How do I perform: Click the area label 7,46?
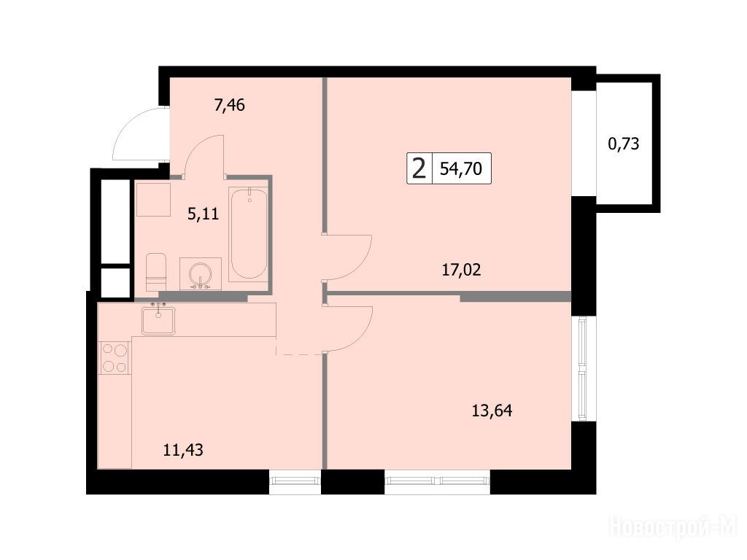[230, 105]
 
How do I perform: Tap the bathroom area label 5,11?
[203, 214]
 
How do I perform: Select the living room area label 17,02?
[461, 270]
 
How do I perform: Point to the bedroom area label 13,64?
[492, 410]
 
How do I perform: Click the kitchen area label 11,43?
[183, 449]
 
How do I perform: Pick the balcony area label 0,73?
[624, 144]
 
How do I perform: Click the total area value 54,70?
[461, 168]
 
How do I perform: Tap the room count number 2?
[419, 168]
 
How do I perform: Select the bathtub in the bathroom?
[248, 233]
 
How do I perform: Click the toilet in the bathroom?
[156, 272]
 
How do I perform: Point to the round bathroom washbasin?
[201, 274]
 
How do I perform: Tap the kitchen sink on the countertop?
[158, 320]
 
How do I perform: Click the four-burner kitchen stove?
[115, 357]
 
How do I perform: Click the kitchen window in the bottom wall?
[295, 482]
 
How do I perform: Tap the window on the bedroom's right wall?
[583, 368]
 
